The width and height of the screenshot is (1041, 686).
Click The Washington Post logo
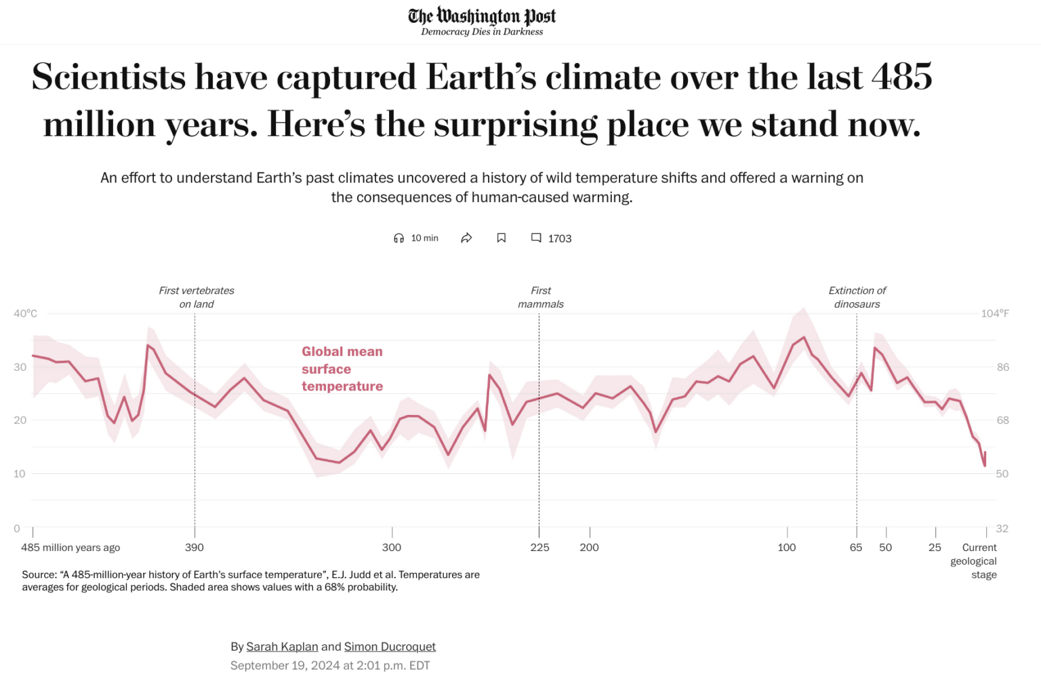[x=482, y=16]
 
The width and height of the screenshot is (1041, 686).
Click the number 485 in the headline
[x=901, y=77]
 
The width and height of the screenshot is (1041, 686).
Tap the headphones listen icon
[x=399, y=238]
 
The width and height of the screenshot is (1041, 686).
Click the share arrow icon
[x=466, y=238]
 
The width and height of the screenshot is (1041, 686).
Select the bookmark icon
[x=502, y=238]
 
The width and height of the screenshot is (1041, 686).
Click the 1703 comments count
[x=559, y=239]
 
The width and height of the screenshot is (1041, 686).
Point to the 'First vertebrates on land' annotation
[x=197, y=297]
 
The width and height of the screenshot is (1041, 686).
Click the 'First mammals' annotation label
[x=541, y=297]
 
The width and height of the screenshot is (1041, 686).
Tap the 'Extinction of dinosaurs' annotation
[x=857, y=297]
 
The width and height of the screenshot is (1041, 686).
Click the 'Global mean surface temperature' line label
[x=342, y=369]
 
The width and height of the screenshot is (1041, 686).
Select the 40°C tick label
[x=25, y=313]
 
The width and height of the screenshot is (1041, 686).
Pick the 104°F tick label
[x=995, y=313]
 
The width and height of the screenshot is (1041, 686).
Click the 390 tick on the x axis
[x=195, y=547]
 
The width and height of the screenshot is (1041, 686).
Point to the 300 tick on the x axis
[x=392, y=547]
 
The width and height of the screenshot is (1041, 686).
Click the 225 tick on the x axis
[x=539, y=547]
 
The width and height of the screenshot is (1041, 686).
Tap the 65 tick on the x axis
[x=856, y=547]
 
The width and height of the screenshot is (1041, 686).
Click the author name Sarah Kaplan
[x=282, y=647]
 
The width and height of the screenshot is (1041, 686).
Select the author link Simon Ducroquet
[x=390, y=647]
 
